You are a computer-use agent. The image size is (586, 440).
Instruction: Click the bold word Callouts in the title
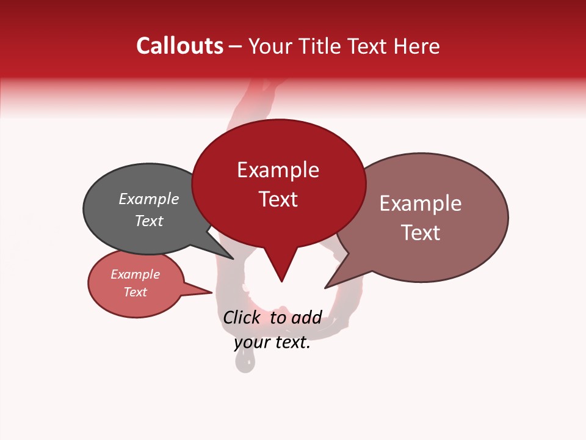click(x=179, y=46)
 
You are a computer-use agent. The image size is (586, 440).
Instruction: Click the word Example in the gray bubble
click(x=149, y=199)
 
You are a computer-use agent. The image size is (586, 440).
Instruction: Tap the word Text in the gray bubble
click(x=149, y=221)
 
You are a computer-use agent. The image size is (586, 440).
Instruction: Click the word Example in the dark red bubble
click(x=278, y=170)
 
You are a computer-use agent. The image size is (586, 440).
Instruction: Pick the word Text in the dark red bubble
click(x=278, y=199)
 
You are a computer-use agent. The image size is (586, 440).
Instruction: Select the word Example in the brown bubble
click(x=421, y=204)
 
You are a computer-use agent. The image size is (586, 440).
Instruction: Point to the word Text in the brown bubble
click(x=421, y=233)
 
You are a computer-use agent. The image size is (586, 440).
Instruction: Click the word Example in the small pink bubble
click(x=136, y=274)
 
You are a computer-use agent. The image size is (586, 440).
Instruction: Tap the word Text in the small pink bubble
click(x=136, y=292)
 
